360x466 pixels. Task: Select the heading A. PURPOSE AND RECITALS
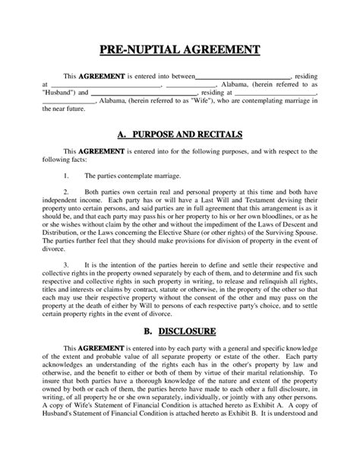click(180, 134)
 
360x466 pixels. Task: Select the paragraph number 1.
click(67, 175)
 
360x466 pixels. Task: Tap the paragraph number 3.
click(67, 265)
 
